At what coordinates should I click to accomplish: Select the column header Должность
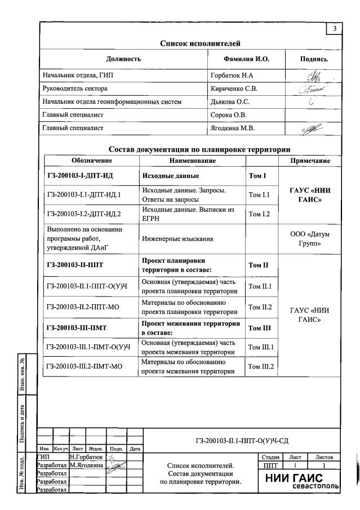coord(123,59)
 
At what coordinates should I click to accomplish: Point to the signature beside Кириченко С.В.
coord(311,88)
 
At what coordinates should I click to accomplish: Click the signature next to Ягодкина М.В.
coord(310,128)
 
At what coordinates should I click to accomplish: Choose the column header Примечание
coord(310,161)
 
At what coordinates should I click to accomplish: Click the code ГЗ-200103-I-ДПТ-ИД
coord(80,175)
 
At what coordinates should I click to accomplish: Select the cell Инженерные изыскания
coord(177,239)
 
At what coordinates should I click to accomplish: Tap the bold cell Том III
coord(260,327)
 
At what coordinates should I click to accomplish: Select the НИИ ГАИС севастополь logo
coord(307,481)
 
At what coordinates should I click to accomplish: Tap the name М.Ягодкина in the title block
coord(86,465)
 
